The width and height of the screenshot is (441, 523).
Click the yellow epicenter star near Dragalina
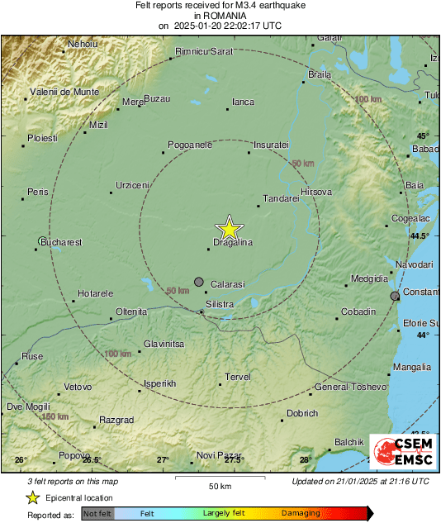pyautogui.click(x=229, y=228)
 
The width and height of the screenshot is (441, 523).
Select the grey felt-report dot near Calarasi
pyautogui.click(x=198, y=283)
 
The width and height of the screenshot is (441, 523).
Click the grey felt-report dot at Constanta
pyautogui.click(x=395, y=295)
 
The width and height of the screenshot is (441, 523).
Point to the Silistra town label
pyautogui.click(x=220, y=304)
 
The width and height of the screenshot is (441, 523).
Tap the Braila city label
pyautogui.click(x=319, y=74)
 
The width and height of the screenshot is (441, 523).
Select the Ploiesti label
pyautogui.click(x=42, y=138)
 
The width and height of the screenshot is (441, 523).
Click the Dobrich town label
pyautogui.click(x=301, y=413)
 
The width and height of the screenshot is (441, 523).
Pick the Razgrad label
pyautogui.click(x=116, y=420)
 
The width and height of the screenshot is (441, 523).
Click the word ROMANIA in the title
pyautogui.click(x=220, y=15)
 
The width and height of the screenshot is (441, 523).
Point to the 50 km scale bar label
pyautogui.click(x=220, y=486)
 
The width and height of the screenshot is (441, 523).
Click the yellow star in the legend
pyautogui.click(x=32, y=497)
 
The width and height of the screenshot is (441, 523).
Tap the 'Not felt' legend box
pyautogui.click(x=97, y=513)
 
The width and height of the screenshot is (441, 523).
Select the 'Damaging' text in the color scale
pyautogui.click(x=301, y=513)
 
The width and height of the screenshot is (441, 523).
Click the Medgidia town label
pyautogui.click(x=368, y=278)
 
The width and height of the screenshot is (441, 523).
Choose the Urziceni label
pyautogui.click(x=132, y=184)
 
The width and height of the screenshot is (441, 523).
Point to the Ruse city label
pyautogui.click(x=32, y=356)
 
